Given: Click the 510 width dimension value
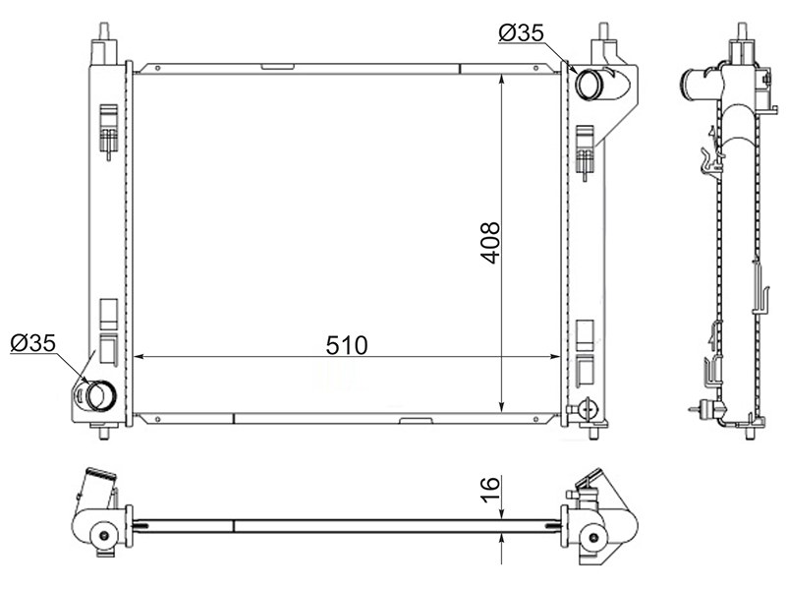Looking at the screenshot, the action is [347, 346].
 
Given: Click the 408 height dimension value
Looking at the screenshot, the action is [490, 243].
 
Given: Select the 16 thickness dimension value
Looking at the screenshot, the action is [490, 489].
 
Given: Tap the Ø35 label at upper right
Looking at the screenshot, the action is [521, 33].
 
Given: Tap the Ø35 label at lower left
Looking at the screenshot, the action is [33, 343].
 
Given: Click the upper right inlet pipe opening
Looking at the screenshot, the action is [587, 85].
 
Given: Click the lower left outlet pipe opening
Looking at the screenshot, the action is [100, 395].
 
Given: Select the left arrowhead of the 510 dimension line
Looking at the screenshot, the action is [140, 357].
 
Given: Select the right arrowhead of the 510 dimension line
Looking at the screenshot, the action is [554, 357].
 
